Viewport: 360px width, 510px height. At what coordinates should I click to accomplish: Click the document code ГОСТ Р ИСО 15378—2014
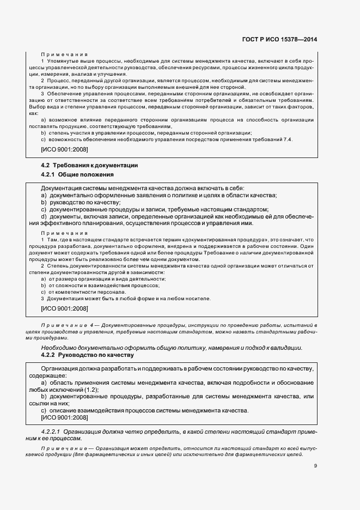pos(286,39)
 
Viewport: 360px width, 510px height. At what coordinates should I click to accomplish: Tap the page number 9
pos(315,465)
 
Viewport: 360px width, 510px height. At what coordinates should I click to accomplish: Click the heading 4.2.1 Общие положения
pos(77,175)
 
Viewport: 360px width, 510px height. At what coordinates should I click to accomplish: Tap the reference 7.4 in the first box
pos(288,140)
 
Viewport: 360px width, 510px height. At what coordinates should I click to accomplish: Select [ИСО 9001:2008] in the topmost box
pos(64,149)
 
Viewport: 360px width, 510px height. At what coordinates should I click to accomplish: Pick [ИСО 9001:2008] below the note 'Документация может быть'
pos(64,308)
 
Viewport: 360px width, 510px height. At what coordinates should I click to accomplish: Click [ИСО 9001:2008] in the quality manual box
pos(64,417)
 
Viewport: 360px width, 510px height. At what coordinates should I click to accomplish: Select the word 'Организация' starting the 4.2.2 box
pos(58,369)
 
